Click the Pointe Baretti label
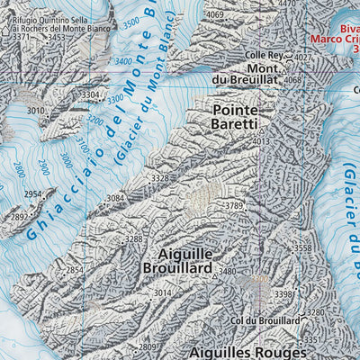(x=235, y=115)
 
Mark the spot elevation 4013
(x=261, y=141)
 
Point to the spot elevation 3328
(x=159, y=178)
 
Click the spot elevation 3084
(x=115, y=198)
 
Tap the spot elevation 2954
(x=33, y=194)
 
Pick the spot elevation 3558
(x=302, y=247)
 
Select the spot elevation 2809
(x=148, y=346)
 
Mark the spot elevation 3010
(x=35, y=111)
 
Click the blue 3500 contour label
(x=131, y=22)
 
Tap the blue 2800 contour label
(x=19, y=168)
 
